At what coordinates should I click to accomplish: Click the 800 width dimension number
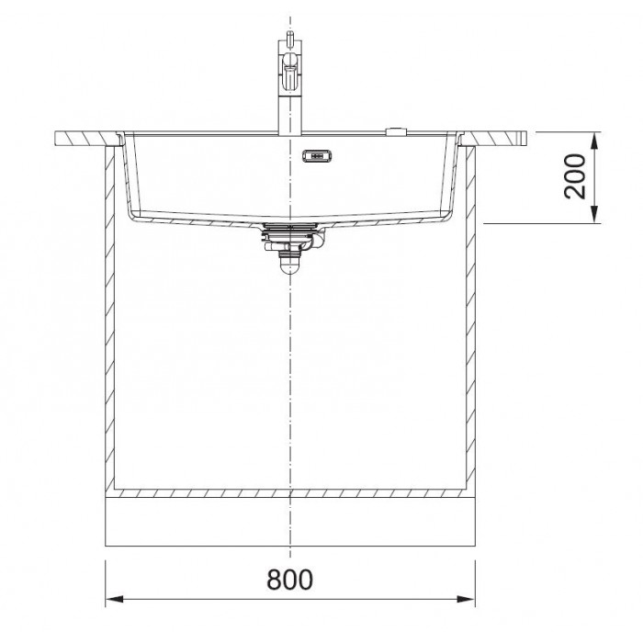[x=289, y=580]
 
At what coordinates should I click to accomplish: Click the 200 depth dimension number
[x=574, y=176]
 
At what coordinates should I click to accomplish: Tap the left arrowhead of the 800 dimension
[x=115, y=599]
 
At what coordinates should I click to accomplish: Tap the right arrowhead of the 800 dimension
[x=467, y=599]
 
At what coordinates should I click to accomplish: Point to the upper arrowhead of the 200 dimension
[x=594, y=141]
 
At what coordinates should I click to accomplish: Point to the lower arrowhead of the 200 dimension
[x=594, y=214]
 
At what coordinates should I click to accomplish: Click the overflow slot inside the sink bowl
[x=317, y=156]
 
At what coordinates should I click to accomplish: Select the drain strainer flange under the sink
[x=290, y=227]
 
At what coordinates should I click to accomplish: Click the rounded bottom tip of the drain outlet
[x=289, y=268]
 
